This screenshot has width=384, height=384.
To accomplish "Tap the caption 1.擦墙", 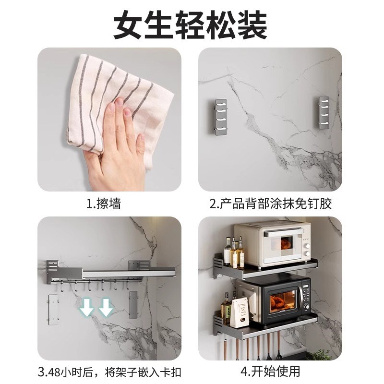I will tap(103, 204).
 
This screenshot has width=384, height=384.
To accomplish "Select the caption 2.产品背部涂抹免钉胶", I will tap(270, 204).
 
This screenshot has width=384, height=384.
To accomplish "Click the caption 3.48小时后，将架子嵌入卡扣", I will tap(110, 371).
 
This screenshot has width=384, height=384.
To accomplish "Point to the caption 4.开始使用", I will tap(270, 371).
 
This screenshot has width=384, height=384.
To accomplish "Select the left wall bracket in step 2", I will tap(221, 118).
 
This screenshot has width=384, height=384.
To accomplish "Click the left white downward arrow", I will tap(87, 307).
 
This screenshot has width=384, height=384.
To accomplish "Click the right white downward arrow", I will tap(106, 307).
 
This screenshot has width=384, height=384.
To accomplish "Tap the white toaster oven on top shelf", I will tap(272, 243).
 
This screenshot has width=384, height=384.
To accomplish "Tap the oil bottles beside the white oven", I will tap(236, 253).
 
